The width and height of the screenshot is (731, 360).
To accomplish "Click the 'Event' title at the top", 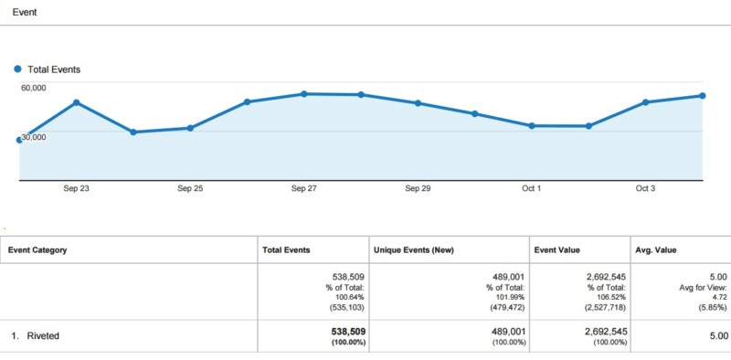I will (25, 12).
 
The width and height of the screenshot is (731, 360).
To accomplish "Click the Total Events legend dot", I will (17, 69).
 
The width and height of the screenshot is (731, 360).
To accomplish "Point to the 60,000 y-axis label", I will (34, 87).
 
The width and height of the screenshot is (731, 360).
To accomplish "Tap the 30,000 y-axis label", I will (35, 136).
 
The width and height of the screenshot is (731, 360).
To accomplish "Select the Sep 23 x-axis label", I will (76, 189).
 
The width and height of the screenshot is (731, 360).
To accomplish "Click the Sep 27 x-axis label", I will (304, 189).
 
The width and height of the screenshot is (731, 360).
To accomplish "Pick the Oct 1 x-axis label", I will (532, 189).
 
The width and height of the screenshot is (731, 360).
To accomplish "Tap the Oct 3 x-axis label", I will (645, 189).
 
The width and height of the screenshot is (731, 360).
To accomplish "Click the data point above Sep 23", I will (76, 102).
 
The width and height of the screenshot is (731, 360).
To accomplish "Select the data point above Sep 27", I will (304, 93).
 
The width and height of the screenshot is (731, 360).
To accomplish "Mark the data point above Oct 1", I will (532, 125).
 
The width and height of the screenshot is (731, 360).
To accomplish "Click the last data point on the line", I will (702, 95).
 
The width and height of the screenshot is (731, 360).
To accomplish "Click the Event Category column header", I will (37, 249).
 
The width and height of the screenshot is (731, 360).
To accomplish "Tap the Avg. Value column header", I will (655, 249).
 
